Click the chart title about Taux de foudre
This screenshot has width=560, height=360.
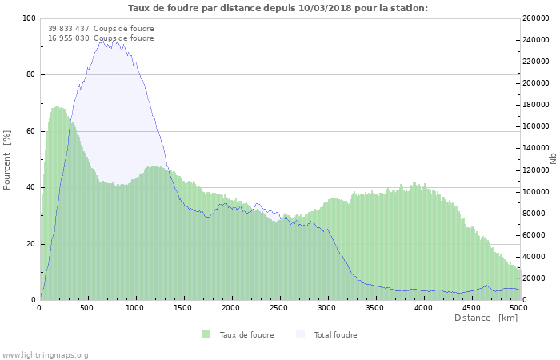pos(278,8)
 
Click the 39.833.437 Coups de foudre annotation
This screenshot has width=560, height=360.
pos(101,29)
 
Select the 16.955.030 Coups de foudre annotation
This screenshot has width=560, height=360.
pos(101,38)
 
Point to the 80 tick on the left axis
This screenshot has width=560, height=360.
pos(30,75)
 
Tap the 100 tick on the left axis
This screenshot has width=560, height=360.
pos(28,18)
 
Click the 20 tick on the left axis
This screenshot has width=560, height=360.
pos(30,244)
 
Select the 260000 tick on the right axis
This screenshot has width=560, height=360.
pos(536,18)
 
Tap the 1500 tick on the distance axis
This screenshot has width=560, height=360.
pos(183,308)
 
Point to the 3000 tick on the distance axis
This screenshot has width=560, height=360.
pos(327,308)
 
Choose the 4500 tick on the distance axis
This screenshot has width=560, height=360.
pos(471,308)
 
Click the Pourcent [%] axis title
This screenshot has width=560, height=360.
pos(7,159)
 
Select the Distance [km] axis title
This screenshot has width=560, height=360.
pos(486,318)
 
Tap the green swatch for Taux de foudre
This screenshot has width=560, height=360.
pos(206,334)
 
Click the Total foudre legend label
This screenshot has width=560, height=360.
pos(335,334)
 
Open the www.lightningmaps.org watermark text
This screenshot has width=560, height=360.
pos(45,355)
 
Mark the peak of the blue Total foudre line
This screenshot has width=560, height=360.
pos(104,41)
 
